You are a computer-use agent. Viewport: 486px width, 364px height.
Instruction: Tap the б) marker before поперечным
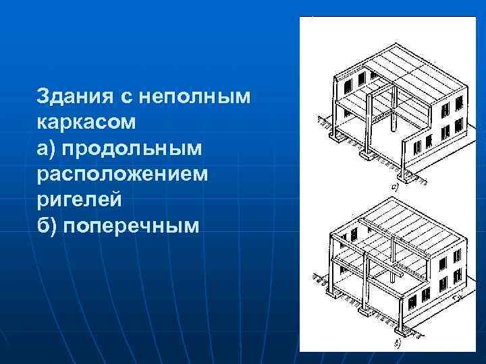click(48, 224)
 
